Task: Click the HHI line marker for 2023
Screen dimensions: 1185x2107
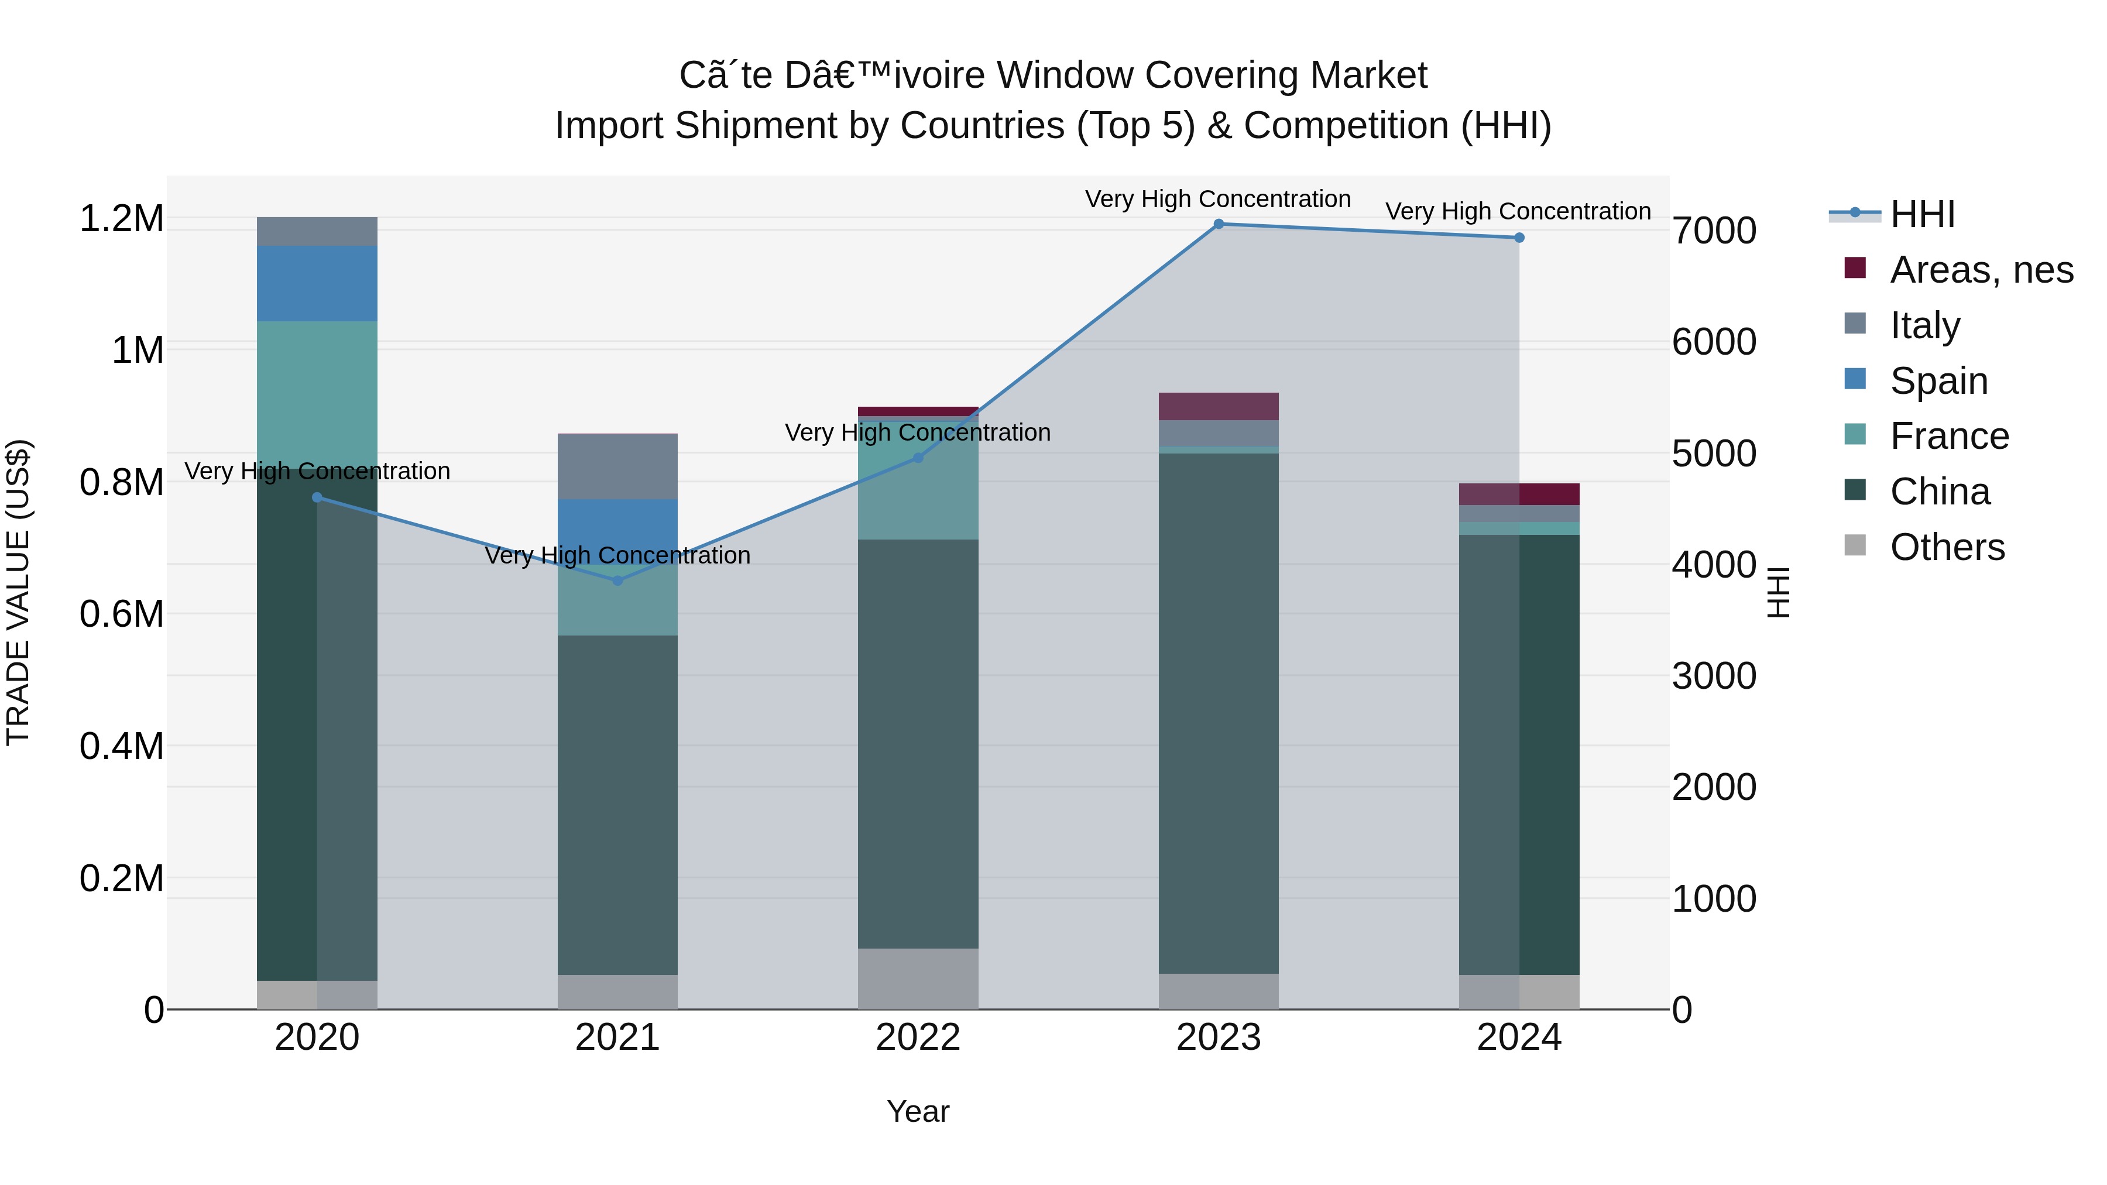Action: tap(1218, 224)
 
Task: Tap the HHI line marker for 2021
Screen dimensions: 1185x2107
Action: tap(617, 581)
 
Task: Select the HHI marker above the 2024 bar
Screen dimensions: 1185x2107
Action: tap(1519, 238)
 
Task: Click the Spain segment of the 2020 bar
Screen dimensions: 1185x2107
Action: tap(317, 283)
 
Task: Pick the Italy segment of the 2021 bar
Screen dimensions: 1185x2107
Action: tap(617, 466)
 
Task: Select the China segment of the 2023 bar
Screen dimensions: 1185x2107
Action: tap(1218, 712)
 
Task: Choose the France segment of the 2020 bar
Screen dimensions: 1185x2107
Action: tap(317, 393)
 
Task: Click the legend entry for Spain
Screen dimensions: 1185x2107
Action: tap(1938, 381)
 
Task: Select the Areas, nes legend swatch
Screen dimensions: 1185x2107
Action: tap(1855, 268)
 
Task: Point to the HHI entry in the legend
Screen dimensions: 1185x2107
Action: tap(1922, 214)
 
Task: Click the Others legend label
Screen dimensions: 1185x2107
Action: tap(1947, 547)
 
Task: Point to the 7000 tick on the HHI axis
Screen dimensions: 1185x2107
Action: tap(1714, 231)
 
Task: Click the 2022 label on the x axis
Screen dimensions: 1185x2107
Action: tap(918, 1038)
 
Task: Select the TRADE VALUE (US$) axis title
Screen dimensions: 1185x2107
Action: tap(18, 592)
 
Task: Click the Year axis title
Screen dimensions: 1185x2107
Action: tap(918, 1111)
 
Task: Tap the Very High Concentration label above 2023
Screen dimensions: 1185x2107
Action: tap(1217, 199)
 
